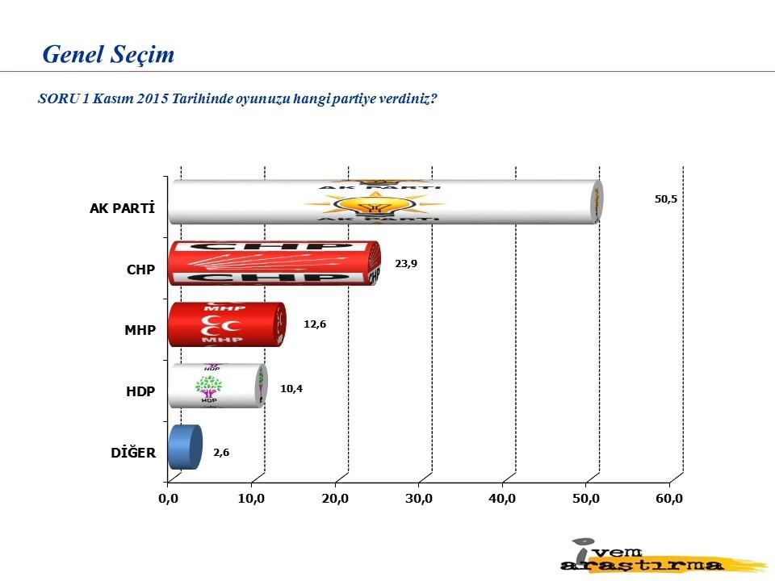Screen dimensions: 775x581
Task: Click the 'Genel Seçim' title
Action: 108,54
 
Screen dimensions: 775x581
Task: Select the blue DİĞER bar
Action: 186,447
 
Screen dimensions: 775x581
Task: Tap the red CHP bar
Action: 274,263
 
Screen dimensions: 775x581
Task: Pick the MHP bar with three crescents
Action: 227,324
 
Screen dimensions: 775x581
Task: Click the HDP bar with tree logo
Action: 218,386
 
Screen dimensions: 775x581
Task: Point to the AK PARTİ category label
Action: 122,208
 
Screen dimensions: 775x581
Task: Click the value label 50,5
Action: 666,199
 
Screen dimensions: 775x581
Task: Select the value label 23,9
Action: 406,263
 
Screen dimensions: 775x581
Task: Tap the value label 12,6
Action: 315,324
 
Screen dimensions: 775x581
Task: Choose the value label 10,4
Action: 291,389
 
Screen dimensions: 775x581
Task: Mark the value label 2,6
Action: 221,453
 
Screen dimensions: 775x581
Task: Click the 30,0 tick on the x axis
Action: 419,499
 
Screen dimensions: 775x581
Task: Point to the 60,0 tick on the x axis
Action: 669,499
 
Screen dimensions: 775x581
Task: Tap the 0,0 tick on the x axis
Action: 168,499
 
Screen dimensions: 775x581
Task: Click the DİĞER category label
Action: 133,453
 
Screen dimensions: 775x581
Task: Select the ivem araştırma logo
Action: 662,556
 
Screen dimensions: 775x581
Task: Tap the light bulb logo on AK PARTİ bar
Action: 375,203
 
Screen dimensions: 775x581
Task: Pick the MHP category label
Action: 140,330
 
